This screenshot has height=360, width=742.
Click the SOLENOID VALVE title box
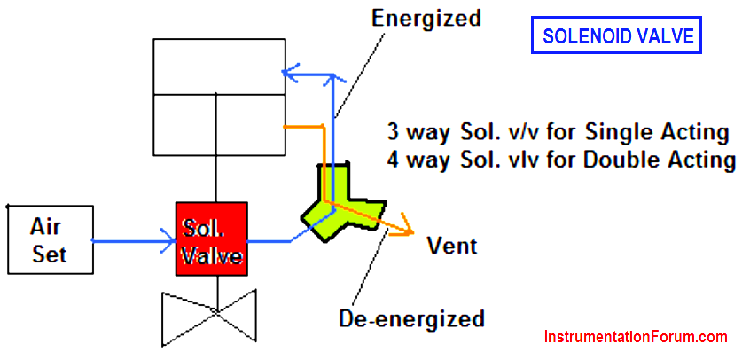(x=616, y=35)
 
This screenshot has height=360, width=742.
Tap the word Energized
(x=426, y=19)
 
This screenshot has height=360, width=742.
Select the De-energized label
(x=411, y=318)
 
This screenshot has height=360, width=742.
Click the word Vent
(x=452, y=246)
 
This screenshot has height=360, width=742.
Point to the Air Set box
(x=51, y=239)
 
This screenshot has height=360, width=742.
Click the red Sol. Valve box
(x=212, y=239)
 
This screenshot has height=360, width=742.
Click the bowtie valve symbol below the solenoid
(x=208, y=317)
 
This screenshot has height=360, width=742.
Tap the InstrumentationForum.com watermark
(x=636, y=337)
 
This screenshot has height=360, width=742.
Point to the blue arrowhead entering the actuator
(x=289, y=74)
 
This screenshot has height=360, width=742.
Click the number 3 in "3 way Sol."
(x=393, y=135)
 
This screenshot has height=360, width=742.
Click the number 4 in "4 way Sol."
(x=394, y=160)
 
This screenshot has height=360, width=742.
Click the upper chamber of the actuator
(x=220, y=66)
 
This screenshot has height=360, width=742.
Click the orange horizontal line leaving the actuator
(x=303, y=127)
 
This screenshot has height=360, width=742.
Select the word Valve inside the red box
(x=213, y=257)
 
